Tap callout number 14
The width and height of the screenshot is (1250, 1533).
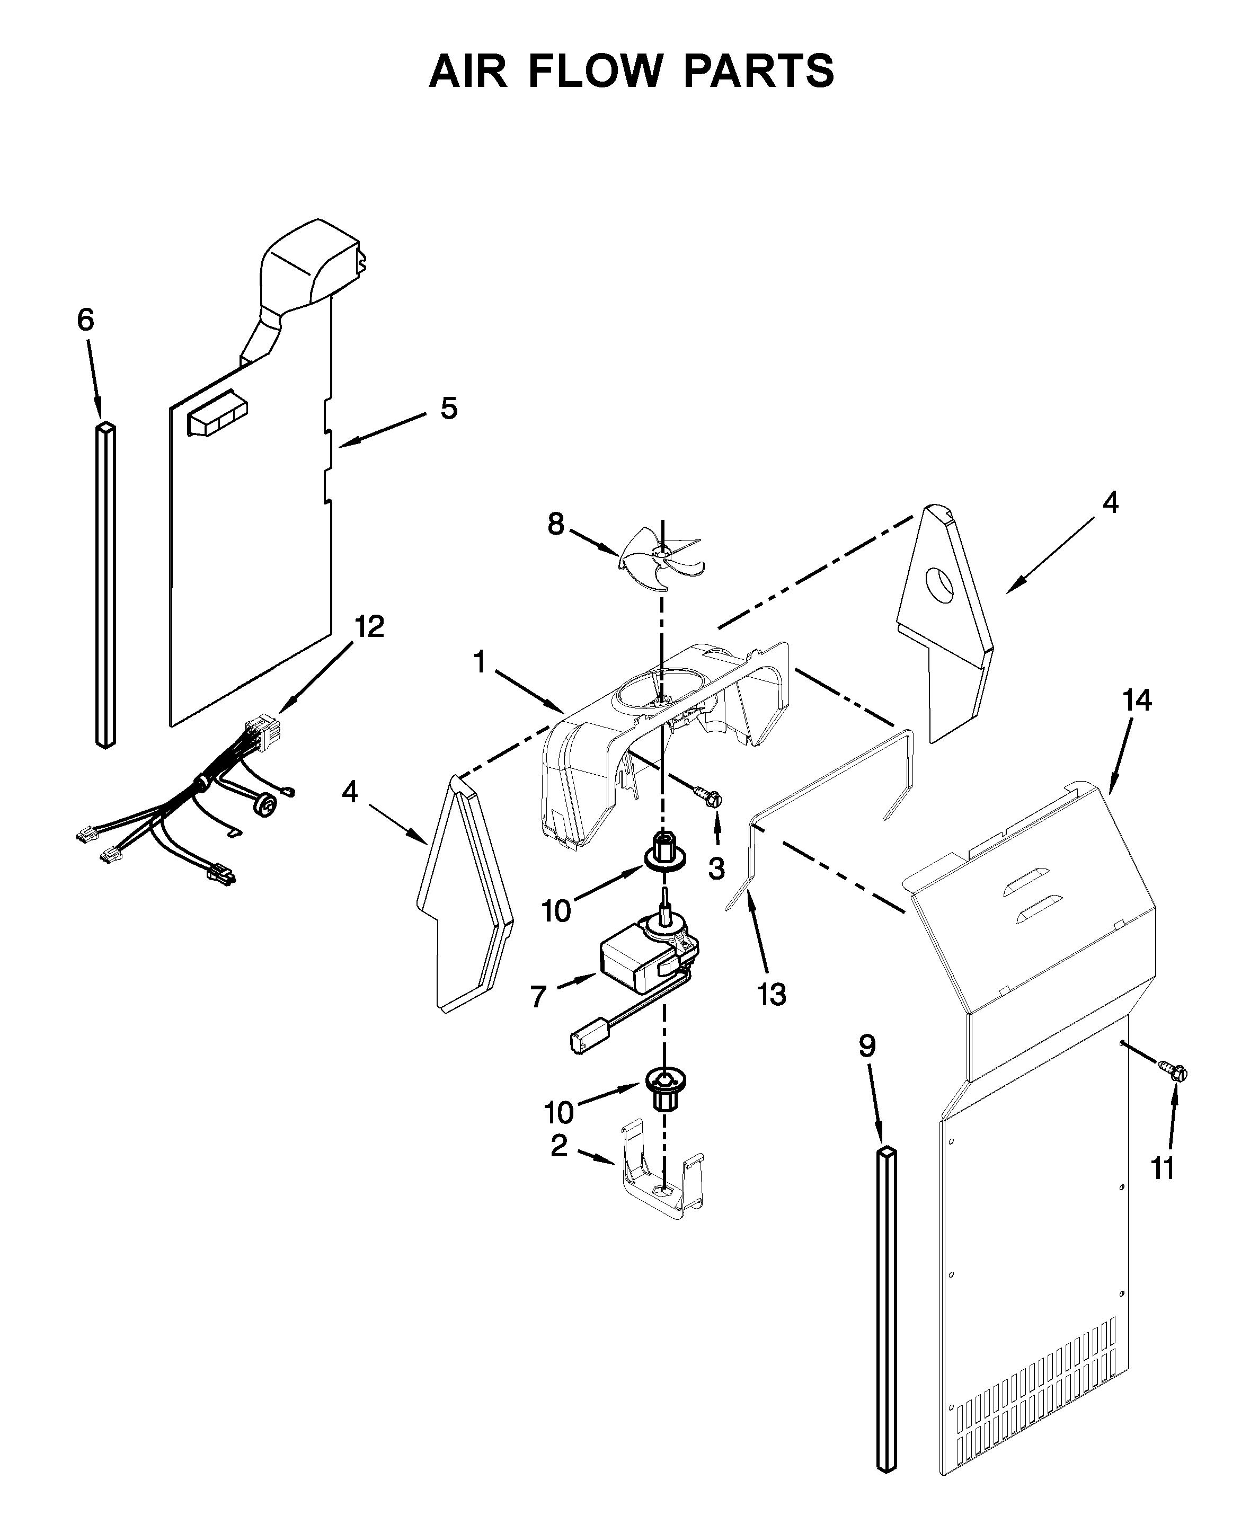1137,700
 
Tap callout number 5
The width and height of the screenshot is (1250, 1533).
449,408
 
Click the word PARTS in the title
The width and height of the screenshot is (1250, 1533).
758,72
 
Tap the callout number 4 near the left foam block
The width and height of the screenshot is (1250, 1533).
349,792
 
